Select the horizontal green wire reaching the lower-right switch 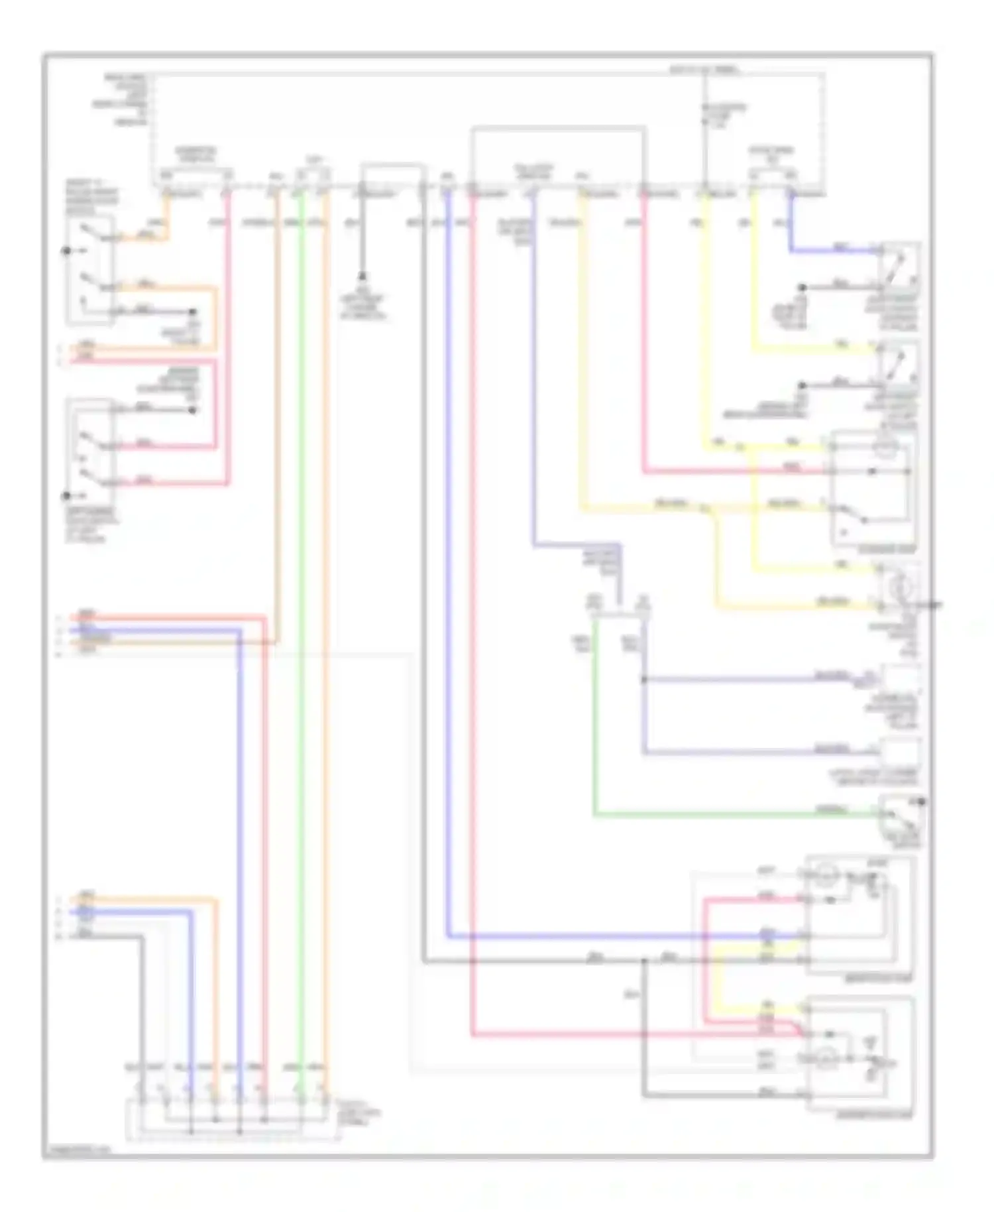(x=729, y=814)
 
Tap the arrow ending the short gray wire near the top (x=362, y=276)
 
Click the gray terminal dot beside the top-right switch (x=802, y=288)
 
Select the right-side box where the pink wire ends (x=873, y=489)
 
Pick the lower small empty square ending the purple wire (x=899, y=752)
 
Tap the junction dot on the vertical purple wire (x=643, y=680)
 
